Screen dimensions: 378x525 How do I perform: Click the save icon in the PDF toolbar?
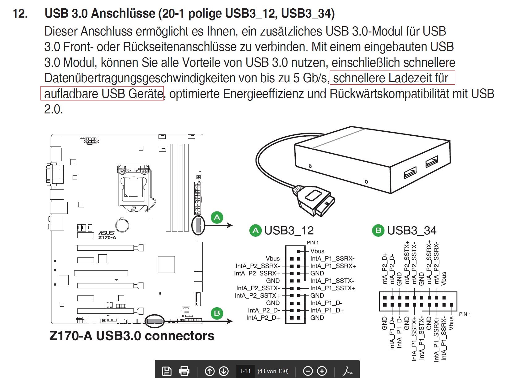167,371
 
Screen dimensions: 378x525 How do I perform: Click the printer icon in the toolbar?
184,371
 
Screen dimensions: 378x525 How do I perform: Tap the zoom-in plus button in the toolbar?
322,371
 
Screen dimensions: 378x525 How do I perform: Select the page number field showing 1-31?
245,371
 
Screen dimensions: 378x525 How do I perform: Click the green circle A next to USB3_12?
255,231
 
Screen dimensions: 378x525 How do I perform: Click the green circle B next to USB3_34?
378,231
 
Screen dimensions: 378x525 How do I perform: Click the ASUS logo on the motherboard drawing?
107,233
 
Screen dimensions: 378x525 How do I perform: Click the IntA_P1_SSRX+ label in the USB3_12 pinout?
333,266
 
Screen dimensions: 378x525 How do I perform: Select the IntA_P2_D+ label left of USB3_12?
263,318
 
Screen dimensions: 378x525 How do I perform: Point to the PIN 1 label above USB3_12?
312,243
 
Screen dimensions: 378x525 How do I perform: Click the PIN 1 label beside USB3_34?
465,314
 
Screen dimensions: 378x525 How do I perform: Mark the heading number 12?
20,14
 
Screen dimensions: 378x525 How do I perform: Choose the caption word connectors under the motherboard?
179,336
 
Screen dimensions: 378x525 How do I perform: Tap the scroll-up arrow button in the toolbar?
210,371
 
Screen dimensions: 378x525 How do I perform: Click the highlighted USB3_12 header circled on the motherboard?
198,225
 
